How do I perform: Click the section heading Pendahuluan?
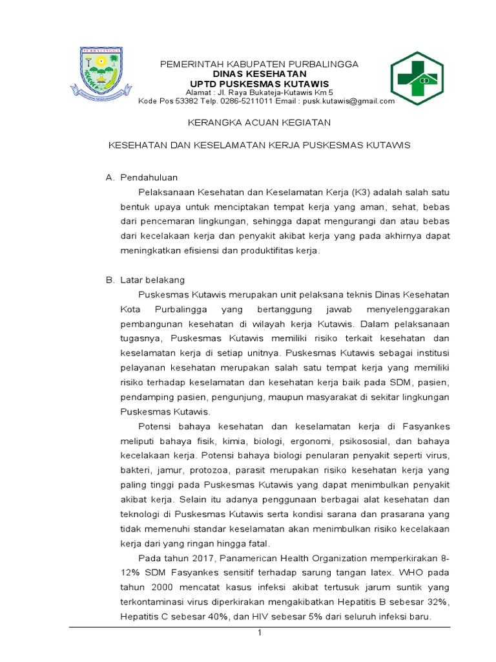pos(149,177)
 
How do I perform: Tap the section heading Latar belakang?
pos(152,280)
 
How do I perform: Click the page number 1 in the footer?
pos(259,632)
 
